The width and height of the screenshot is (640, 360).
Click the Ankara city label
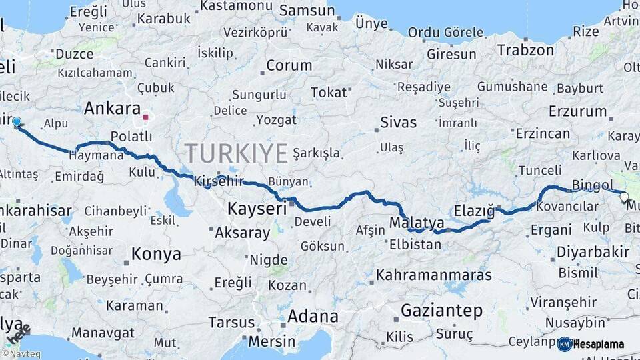click(113, 109)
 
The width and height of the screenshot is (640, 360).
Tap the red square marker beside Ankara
click(145, 117)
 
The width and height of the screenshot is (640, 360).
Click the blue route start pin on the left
click(17, 123)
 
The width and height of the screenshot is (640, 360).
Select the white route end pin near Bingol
click(624, 197)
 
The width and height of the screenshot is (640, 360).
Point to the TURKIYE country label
click(237, 153)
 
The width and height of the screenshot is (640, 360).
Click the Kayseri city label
click(257, 209)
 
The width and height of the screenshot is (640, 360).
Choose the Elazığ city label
click(474, 211)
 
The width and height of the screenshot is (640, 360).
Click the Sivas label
click(398, 123)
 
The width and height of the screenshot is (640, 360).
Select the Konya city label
click(156, 254)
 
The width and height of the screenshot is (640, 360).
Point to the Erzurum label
click(577, 112)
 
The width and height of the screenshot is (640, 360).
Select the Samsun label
click(307, 11)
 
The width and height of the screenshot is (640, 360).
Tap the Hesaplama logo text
click(599, 344)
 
